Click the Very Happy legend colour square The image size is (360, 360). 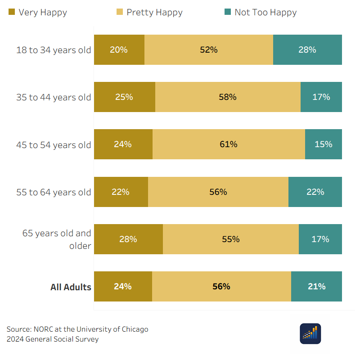(12, 12)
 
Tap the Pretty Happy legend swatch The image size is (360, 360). (120, 12)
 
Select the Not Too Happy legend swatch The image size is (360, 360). (228, 12)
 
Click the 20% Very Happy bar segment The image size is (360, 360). (119, 50)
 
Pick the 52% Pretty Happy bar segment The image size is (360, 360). (209, 50)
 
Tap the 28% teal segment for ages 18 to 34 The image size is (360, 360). (307, 50)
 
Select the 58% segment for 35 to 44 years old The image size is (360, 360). (228, 97)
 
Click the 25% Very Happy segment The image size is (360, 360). (125, 97)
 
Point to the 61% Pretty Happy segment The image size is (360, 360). (229, 144)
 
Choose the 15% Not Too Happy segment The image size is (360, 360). (324, 144)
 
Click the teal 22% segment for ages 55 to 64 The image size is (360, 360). (315, 192)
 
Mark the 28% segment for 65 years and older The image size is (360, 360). (128, 239)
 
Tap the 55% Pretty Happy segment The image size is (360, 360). (231, 239)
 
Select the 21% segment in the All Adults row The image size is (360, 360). (317, 287)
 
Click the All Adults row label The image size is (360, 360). (71, 287)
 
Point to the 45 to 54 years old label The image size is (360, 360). (54, 145)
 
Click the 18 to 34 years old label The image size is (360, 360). (54, 50)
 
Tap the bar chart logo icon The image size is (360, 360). (310, 333)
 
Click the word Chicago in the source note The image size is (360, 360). (135, 329)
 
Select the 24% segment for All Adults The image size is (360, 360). (123, 287)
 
